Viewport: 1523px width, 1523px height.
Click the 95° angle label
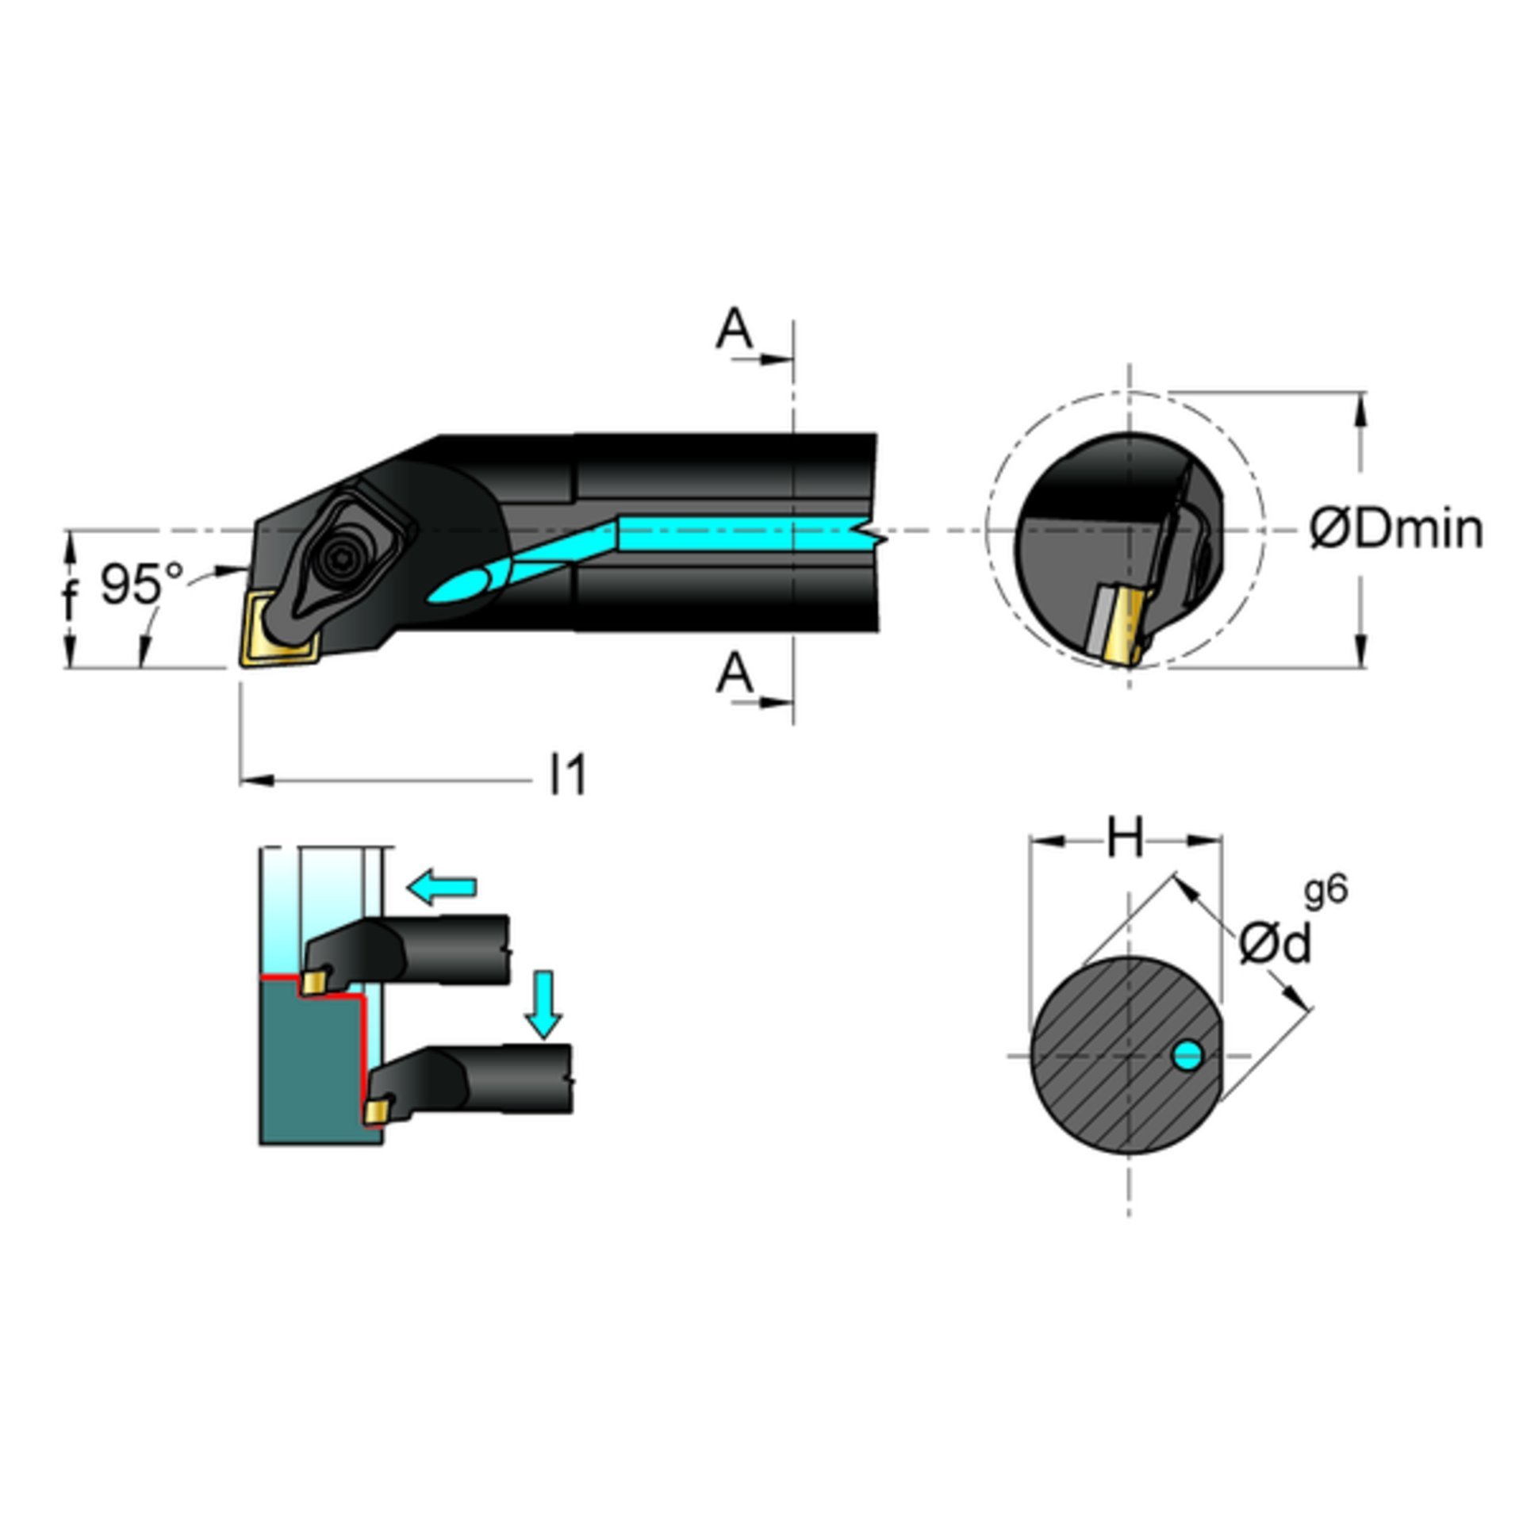pyautogui.click(x=142, y=584)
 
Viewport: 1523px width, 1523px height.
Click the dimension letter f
pyautogui.click(x=71, y=600)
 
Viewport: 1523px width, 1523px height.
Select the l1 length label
pyautogui.click(x=569, y=774)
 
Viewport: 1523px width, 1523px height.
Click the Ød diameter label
pyautogui.click(x=1274, y=945)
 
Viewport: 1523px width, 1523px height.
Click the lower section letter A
pyautogui.click(x=735, y=673)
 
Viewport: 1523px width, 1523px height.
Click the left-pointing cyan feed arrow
pyautogui.click(x=441, y=886)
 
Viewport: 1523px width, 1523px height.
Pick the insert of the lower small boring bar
pyautogui.click(x=378, y=1111)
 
